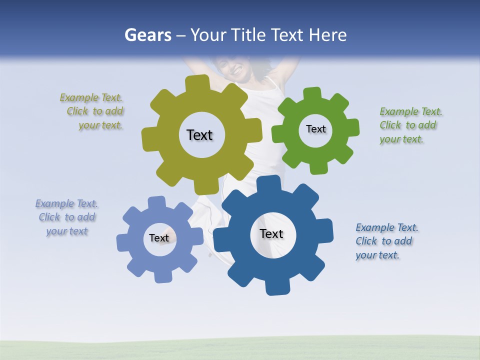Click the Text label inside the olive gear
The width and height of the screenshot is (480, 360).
(199, 135)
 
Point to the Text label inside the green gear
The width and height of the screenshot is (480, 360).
(315, 129)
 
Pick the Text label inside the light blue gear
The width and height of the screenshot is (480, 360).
(159, 238)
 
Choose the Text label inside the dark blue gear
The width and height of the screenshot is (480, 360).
(271, 233)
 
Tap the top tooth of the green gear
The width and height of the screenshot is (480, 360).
(312, 94)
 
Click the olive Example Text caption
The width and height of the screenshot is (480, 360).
(92, 111)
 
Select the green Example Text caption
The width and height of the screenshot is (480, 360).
(410, 125)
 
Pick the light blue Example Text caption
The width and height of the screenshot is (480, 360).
(66, 217)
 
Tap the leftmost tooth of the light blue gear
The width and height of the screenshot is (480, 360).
(122, 242)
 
